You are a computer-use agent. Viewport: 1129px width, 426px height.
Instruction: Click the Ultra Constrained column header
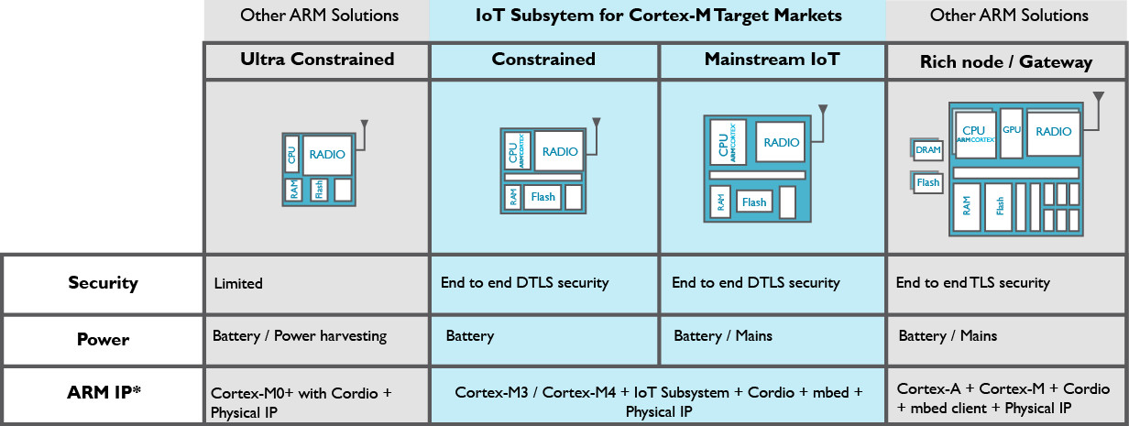[x=317, y=60]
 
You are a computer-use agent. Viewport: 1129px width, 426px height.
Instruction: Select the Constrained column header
[x=543, y=60]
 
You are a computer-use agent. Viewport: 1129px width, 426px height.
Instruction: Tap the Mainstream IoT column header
[x=772, y=60]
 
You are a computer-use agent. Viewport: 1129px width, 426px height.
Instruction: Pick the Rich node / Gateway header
[x=1006, y=62]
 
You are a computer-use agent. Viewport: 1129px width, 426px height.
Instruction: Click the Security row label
[x=103, y=282]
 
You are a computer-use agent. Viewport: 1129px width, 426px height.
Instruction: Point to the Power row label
[x=103, y=339]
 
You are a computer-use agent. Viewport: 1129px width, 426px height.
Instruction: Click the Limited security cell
[x=237, y=284]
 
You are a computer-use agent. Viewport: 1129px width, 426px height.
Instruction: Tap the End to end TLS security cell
[x=973, y=283]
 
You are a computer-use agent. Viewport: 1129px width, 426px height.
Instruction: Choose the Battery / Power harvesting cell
[x=300, y=336]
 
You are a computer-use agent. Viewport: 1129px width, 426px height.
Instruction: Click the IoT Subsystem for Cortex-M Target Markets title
[x=657, y=16]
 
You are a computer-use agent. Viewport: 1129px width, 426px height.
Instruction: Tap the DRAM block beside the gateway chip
[x=928, y=150]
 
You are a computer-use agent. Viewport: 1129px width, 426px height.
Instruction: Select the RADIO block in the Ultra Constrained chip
[x=327, y=155]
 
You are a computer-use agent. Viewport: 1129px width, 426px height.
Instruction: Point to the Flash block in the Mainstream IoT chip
[x=754, y=202]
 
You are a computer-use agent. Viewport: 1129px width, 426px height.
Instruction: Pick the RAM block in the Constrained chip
[x=511, y=197]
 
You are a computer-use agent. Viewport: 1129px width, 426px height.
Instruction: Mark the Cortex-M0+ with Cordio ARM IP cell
[x=301, y=402]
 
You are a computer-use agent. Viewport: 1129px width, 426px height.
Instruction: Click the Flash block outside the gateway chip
[x=928, y=182]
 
